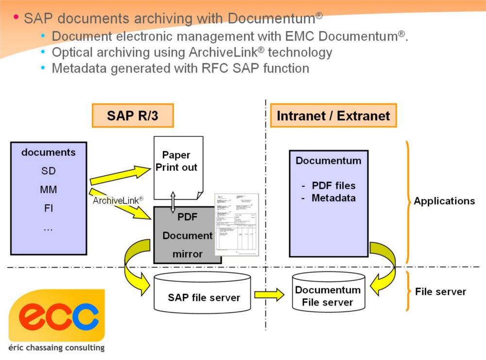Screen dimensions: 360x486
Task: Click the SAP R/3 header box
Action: tap(132, 116)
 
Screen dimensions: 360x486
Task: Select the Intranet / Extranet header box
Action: tap(333, 116)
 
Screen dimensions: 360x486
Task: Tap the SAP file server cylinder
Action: tap(204, 294)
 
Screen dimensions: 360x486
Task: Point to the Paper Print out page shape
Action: tap(178, 165)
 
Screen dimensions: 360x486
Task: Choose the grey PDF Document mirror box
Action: tap(187, 235)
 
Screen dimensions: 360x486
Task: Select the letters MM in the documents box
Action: tap(48, 190)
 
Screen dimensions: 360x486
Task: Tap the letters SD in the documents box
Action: tap(48, 171)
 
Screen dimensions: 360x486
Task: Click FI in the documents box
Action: tap(48, 209)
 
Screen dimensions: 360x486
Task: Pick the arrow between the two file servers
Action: tap(269, 294)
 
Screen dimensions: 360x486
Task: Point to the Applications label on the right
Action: tap(444, 201)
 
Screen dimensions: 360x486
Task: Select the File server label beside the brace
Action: tap(440, 292)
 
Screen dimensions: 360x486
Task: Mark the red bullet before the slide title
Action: tap(16, 18)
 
